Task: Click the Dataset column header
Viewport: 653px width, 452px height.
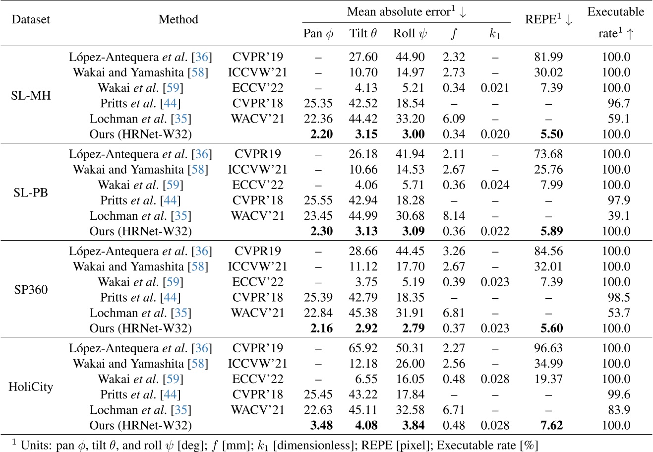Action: [x=31, y=20]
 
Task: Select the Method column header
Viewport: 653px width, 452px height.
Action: [x=178, y=20]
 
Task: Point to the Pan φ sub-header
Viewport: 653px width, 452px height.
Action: [x=318, y=34]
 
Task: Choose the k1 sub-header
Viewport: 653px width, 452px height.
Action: [x=494, y=34]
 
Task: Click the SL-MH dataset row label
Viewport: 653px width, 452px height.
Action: [x=31, y=95]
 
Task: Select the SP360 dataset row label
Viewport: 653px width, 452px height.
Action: [x=31, y=290]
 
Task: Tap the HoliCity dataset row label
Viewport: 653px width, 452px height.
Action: [x=31, y=387]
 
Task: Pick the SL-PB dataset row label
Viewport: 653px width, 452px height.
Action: [x=31, y=193]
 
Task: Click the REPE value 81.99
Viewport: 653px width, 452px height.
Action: [x=548, y=57]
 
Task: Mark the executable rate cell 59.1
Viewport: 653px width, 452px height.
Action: [x=616, y=119]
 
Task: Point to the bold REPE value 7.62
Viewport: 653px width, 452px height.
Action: [x=548, y=426]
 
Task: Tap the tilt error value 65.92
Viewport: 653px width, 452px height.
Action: [x=363, y=348]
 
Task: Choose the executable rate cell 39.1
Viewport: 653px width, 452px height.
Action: [x=616, y=216]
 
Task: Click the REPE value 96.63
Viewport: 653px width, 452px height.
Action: [x=548, y=348]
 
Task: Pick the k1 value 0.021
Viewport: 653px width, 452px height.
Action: [x=494, y=88]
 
